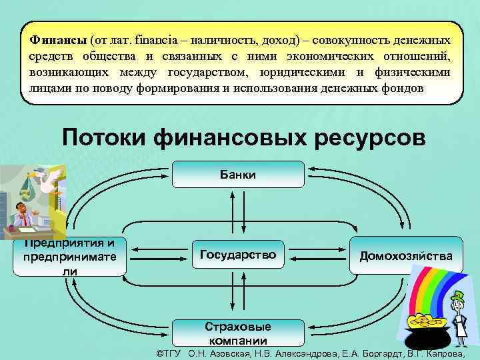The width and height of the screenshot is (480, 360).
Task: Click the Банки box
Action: tap(238, 175)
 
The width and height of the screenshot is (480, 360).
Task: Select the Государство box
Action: tap(238, 255)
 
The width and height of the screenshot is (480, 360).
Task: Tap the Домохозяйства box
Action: tap(405, 255)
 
